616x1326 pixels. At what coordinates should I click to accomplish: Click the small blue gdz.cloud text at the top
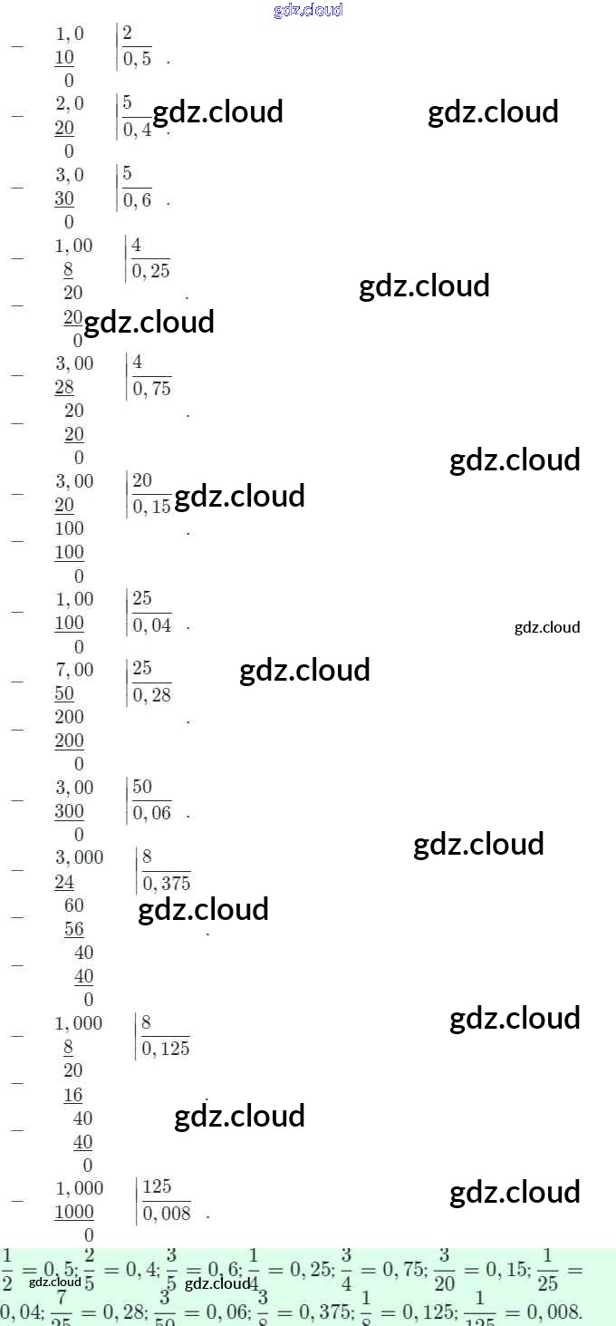click(x=308, y=11)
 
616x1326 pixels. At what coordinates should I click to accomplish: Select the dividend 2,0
click(x=70, y=104)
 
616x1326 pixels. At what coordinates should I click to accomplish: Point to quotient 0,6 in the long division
click(x=138, y=200)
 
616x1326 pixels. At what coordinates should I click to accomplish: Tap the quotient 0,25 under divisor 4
click(x=150, y=271)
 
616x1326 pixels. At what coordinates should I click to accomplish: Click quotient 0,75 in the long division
click(x=151, y=389)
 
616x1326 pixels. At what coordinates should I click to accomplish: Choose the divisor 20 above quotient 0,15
click(x=142, y=480)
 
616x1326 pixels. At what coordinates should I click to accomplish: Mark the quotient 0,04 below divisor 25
click(x=151, y=625)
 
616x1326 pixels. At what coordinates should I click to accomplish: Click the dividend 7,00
click(x=74, y=670)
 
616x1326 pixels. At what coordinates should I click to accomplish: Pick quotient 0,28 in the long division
click(x=151, y=695)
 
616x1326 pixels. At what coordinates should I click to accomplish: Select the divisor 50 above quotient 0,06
click(x=142, y=787)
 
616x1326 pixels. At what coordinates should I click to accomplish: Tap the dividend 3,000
click(x=80, y=857)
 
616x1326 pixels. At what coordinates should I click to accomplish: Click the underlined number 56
click(x=74, y=929)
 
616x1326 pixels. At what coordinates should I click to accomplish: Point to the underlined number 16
click(x=73, y=1095)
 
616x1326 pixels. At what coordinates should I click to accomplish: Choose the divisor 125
click(x=157, y=1187)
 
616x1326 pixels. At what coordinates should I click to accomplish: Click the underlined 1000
click(x=74, y=1212)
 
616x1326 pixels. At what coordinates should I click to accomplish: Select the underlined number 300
click(x=69, y=811)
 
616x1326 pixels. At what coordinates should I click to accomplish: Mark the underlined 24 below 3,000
click(x=64, y=882)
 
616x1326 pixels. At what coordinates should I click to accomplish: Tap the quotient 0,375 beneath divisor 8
click(x=166, y=884)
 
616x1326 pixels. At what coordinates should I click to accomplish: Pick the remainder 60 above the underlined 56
click(x=74, y=905)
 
